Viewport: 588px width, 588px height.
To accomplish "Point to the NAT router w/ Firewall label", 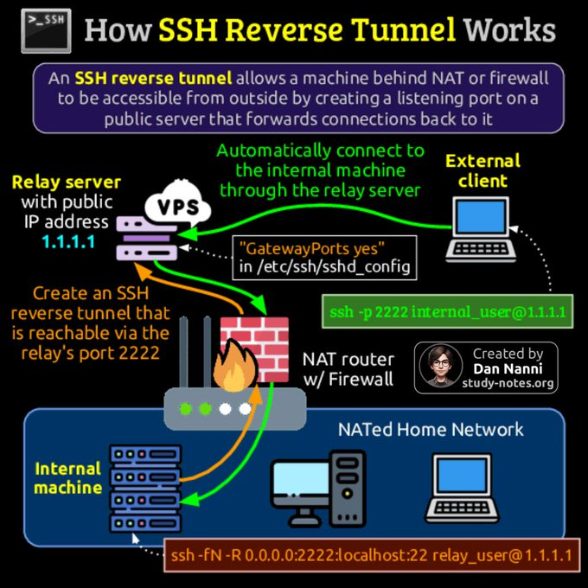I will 348,368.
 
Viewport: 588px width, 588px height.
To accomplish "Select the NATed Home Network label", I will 431,429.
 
